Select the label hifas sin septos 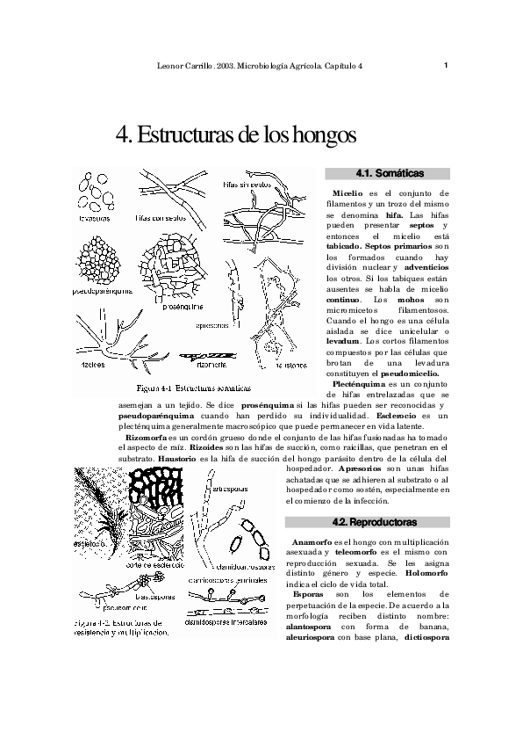246,185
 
